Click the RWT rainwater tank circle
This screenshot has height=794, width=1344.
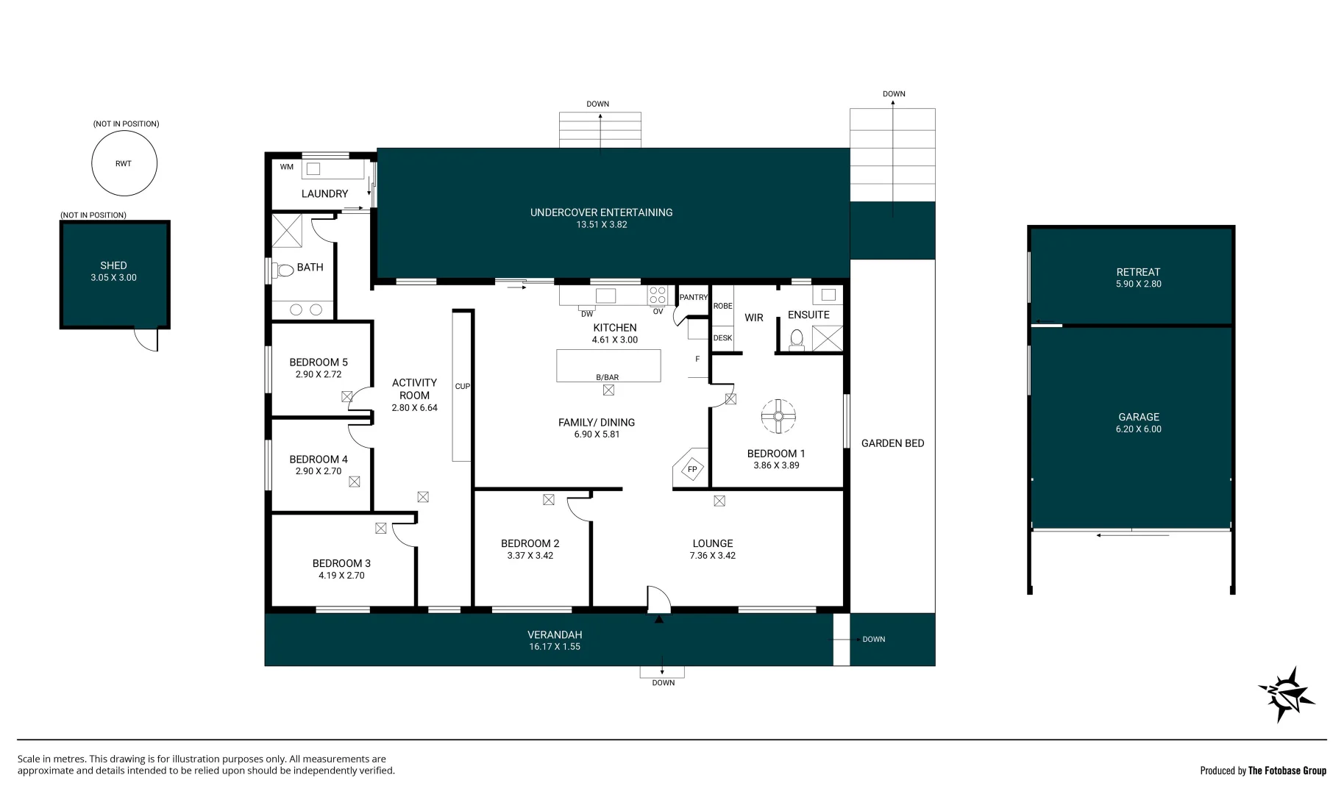coord(124,163)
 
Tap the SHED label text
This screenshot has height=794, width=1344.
coord(113,265)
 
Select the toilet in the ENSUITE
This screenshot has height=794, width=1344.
coord(796,339)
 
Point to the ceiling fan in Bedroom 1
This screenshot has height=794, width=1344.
coord(778,417)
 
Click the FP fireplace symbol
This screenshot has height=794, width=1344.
coord(691,469)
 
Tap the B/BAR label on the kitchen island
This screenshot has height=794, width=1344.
coord(607,377)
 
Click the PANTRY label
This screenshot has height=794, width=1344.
coord(693,297)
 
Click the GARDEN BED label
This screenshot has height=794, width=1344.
coord(892,443)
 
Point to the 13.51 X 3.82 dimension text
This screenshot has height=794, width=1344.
coord(601,225)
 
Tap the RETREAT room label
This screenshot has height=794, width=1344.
coord(1137,272)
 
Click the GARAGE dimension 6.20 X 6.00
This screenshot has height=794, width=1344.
coord(1138,429)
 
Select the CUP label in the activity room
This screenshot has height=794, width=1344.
coord(462,386)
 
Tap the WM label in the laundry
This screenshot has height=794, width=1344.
coord(286,167)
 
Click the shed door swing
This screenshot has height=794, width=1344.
coord(147,340)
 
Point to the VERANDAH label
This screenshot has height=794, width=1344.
coord(554,634)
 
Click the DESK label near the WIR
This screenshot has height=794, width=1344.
coord(722,338)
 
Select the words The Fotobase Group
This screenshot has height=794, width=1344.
coord(1287,770)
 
